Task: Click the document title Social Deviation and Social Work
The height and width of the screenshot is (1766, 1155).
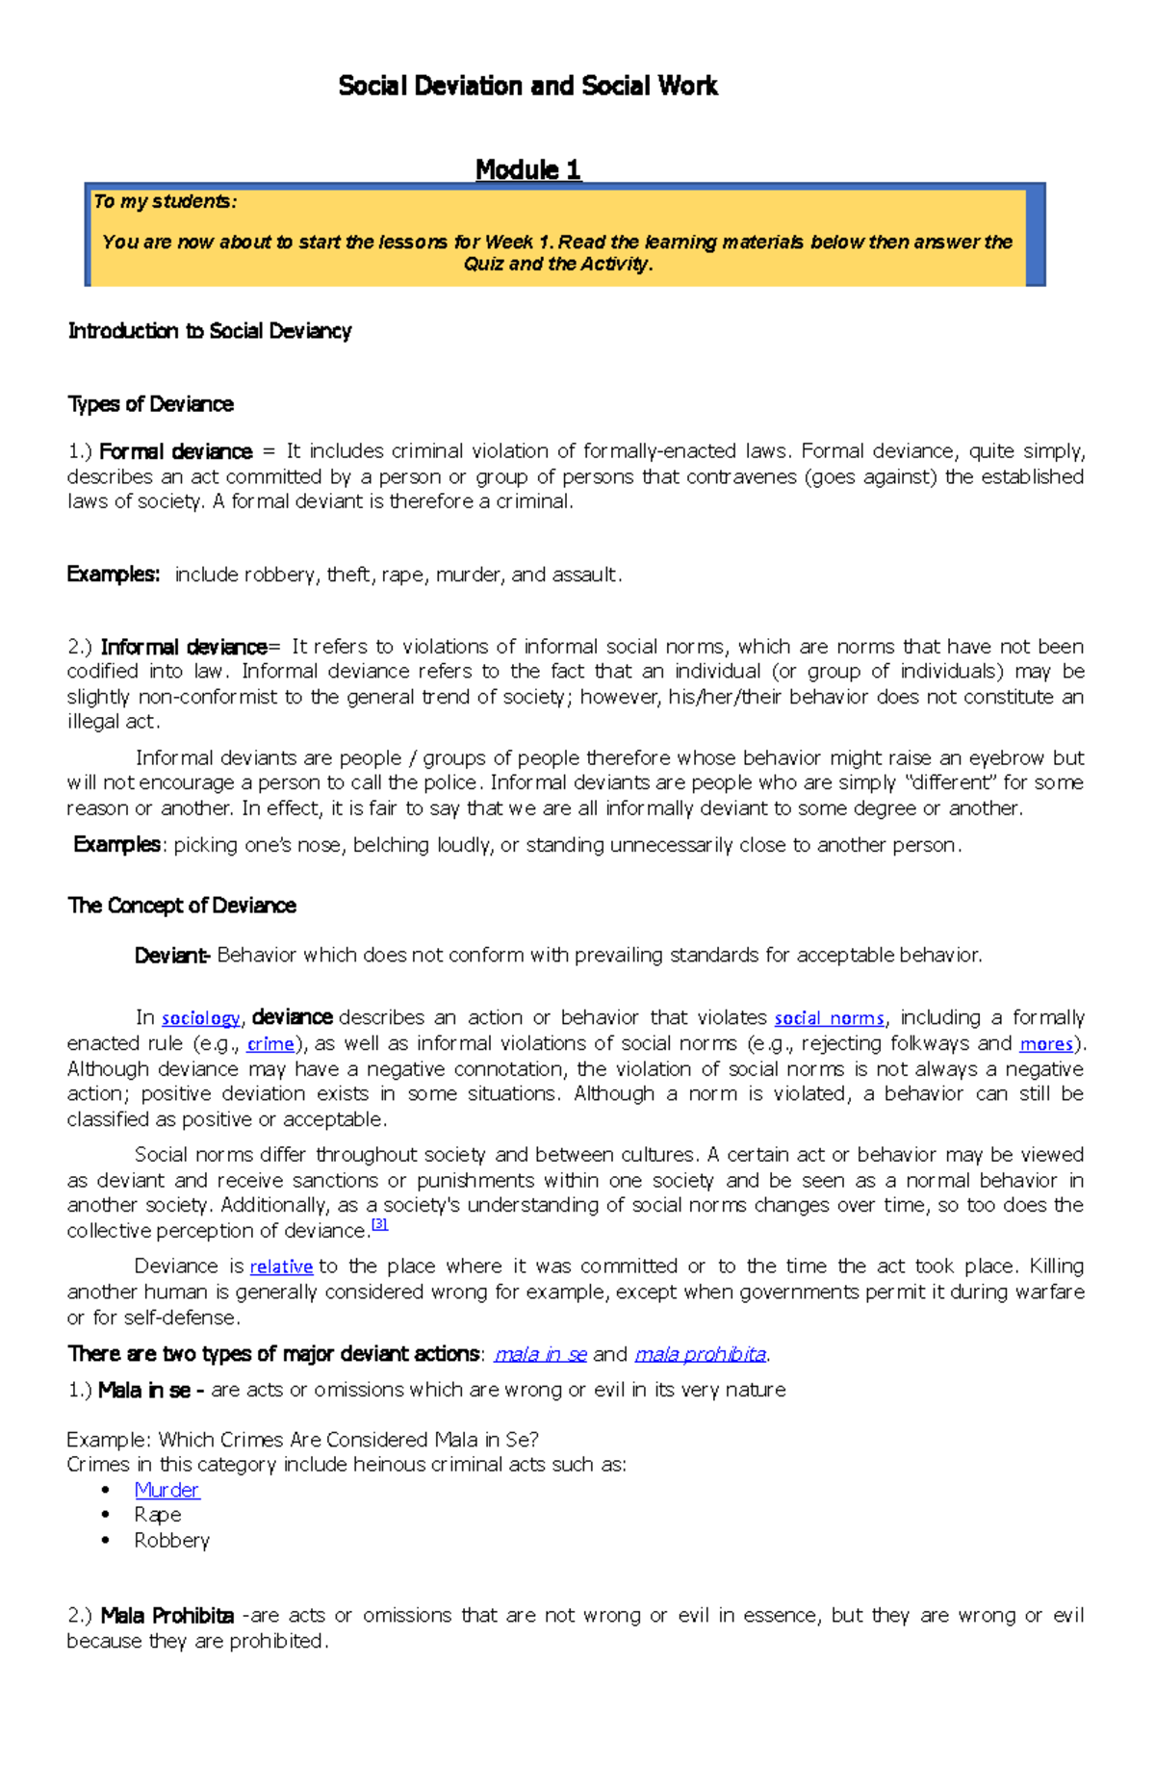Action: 527,87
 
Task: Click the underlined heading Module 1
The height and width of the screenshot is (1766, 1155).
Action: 527,170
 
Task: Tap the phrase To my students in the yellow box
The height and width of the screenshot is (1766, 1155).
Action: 165,202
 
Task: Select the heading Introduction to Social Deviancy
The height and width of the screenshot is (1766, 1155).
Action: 209,331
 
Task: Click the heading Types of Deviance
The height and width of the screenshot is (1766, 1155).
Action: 150,404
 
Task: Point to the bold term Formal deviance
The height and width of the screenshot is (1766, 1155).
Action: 175,451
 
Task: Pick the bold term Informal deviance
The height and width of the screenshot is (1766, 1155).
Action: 183,647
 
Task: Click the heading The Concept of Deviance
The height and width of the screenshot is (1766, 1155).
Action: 181,906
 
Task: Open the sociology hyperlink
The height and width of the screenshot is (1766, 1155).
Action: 200,1018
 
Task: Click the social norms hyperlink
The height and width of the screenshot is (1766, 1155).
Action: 829,1018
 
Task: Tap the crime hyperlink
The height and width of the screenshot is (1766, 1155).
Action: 270,1044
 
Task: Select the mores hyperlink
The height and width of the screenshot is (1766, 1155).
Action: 1045,1044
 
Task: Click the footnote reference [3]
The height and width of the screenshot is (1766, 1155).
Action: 379,1225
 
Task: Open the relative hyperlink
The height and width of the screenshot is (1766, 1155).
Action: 281,1267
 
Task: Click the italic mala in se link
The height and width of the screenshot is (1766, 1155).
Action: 540,1355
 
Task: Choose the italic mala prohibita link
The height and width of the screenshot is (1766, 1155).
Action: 700,1355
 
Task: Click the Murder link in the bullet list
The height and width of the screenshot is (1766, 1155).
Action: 167,1491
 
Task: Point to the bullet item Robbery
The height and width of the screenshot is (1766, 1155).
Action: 171,1541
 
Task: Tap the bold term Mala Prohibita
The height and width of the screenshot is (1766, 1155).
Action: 167,1616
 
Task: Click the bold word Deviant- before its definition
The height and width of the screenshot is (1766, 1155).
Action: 171,956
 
